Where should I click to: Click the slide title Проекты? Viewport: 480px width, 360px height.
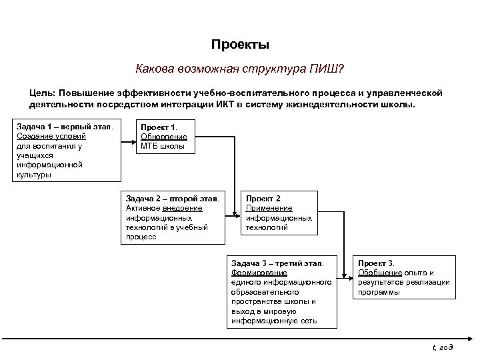[x=240, y=45]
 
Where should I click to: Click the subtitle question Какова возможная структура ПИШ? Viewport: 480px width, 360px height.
[x=239, y=69]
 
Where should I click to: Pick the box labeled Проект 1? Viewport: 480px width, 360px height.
[x=167, y=136]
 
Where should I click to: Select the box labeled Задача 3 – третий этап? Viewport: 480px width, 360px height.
[x=283, y=291]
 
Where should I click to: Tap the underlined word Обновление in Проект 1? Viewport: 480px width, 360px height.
[x=163, y=136]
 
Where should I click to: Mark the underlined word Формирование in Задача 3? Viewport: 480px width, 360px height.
[x=259, y=273]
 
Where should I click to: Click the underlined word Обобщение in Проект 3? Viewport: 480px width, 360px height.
[x=379, y=273]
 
